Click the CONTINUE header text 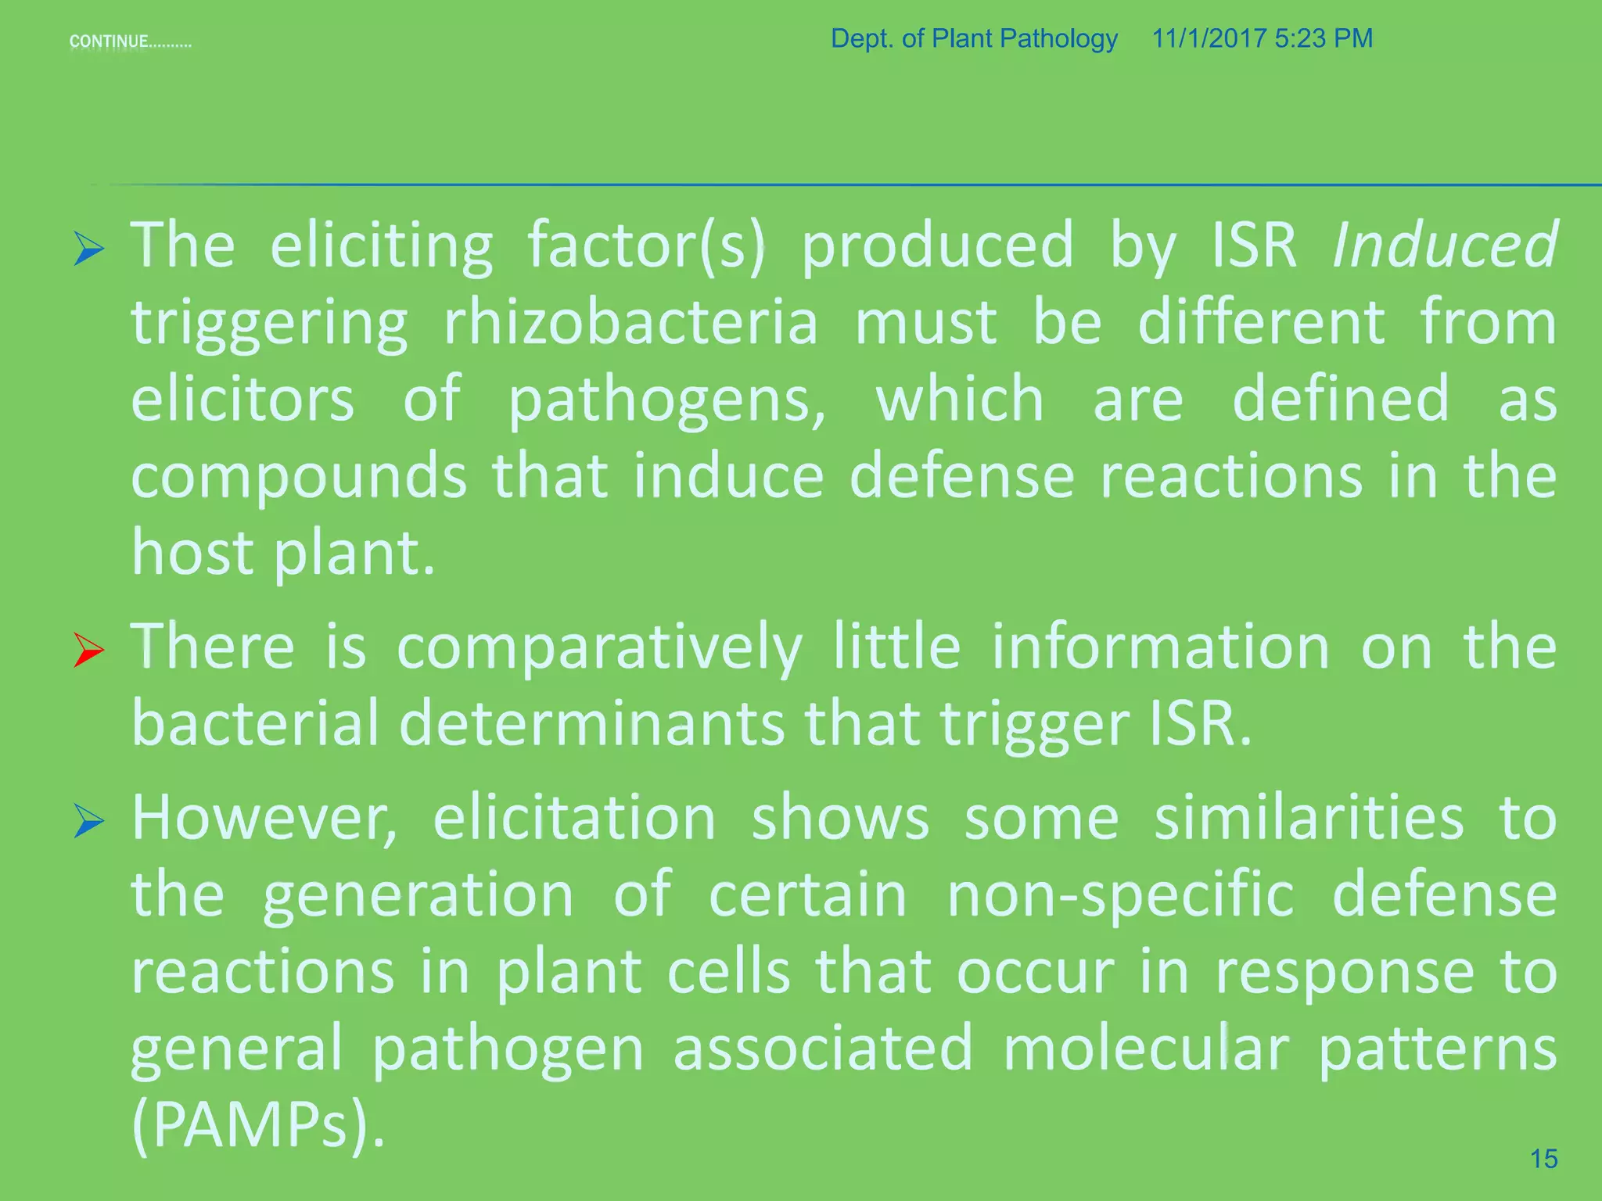pyautogui.click(x=130, y=41)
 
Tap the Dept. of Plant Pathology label pyautogui.click(x=974, y=38)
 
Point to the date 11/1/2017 pyautogui.click(x=1209, y=38)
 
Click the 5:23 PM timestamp pyautogui.click(x=1324, y=38)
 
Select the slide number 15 pyautogui.click(x=1543, y=1158)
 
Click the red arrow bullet pyautogui.click(x=88, y=650)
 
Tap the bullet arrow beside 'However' pyautogui.click(x=88, y=820)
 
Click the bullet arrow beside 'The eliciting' pyautogui.click(x=88, y=249)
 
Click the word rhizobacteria pyautogui.click(x=630, y=322)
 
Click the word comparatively pyautogui.click(x=599, y=647)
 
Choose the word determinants pyautogui.click(x=591, y=723)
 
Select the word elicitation pyautogui.click(x=575, y=818)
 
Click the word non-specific pyautogui.click(x=1120, y=894)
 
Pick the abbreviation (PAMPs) pyautogui.click(x=258, y=1124)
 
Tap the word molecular pyautogui.click(x=1145, y=1048)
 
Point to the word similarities pyautogui.click(x=1309, y=818)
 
